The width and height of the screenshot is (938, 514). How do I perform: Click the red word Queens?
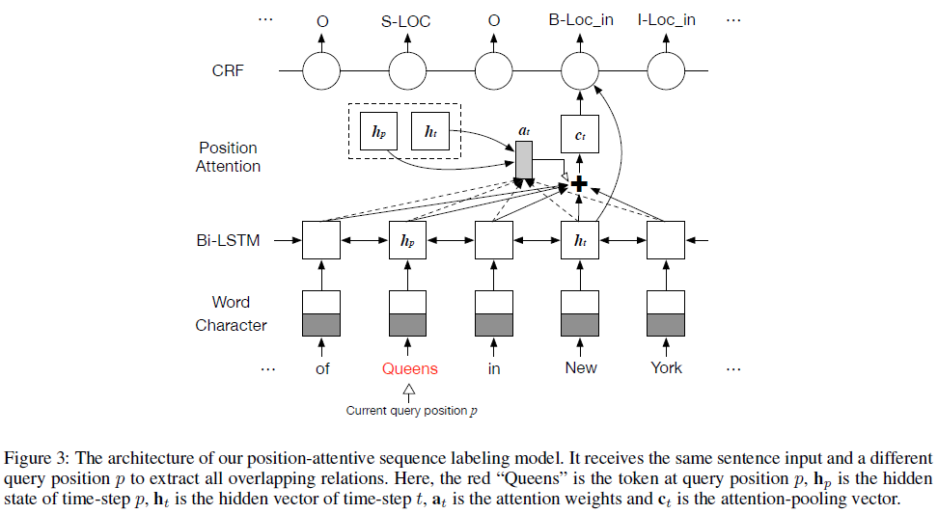click(409, 368)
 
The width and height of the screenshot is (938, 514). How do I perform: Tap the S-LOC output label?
click(406, 20)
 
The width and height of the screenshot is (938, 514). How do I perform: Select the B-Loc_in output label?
click(581, 20)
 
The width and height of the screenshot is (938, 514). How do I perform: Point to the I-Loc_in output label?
click(666, 20)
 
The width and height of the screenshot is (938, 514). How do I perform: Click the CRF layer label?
click(228, 70)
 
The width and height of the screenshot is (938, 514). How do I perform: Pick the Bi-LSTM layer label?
click(228, 240)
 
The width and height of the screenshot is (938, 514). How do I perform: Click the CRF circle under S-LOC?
click(407, 70)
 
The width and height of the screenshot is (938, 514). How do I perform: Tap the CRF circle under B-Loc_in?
click(581, 70)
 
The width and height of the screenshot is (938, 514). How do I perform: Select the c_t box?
click(581, 136)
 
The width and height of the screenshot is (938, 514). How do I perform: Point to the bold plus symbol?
click(579, 182)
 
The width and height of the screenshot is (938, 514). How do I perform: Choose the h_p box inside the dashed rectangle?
click(375, 131)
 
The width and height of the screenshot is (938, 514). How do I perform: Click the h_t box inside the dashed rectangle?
click(430, 131)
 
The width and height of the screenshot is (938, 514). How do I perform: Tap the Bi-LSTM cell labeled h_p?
click(407, 240)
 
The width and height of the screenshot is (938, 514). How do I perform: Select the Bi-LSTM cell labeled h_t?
click(581, 240)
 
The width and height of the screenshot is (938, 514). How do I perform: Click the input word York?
click(666, 367)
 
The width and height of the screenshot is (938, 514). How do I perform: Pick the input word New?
click(581, 367)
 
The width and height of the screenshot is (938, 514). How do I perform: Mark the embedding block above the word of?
click(322, 313)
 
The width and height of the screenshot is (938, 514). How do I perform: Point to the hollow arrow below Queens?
click(408, 390)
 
